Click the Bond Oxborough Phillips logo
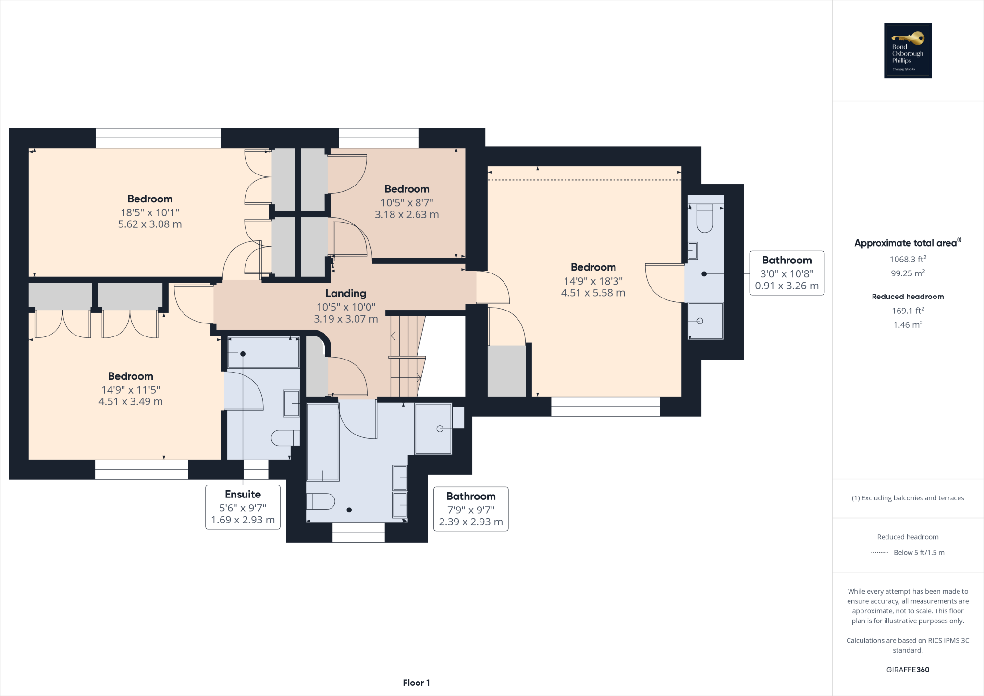coord(908,50)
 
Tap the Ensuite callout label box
coord(243,507)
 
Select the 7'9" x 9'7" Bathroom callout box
coord(470,509)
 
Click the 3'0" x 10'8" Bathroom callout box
coord(787,273)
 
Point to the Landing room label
coord(345,293)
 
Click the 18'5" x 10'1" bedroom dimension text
coord(150,212)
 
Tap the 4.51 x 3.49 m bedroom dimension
coord(131,401)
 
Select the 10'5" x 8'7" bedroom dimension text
coord(406,202)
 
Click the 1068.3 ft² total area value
coord(908,259)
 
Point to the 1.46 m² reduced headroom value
coord(908,325)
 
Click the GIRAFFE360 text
coord(908,670)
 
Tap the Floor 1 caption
coord(416,683)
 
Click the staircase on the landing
coord(406,356)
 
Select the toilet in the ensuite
coord(285,437)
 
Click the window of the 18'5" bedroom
coord(158,138)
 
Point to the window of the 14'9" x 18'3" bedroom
coord(605,407)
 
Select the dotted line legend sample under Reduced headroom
coord(879,553)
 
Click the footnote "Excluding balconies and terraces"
coord(908,498)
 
